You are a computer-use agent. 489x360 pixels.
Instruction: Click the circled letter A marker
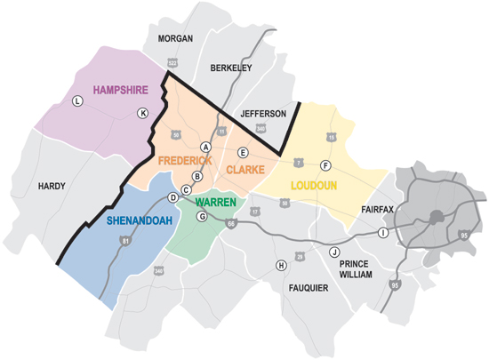(x=205, y=147)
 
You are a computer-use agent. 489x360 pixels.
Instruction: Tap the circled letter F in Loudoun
(x=325, y=166)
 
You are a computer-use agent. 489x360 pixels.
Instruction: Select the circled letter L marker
(x=77, y=102)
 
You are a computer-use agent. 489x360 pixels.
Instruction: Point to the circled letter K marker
(x=142, y=113)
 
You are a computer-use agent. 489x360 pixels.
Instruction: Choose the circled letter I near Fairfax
(x=383, y=233)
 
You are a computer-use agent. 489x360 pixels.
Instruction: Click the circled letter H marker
(x=281, y=266)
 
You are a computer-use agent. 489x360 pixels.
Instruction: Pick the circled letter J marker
(x=334, y=252)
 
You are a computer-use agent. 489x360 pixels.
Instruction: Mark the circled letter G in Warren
(x=202, y=216)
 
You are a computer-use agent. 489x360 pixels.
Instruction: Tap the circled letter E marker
(x=242, y=152)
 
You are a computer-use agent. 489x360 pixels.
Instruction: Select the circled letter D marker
(x=172, y=197)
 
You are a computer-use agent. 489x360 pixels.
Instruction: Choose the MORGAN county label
(x=174, y=39)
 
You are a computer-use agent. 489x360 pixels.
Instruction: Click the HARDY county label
(x=53, y=186)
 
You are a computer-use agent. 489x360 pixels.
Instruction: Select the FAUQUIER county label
(x=309, y=288)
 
